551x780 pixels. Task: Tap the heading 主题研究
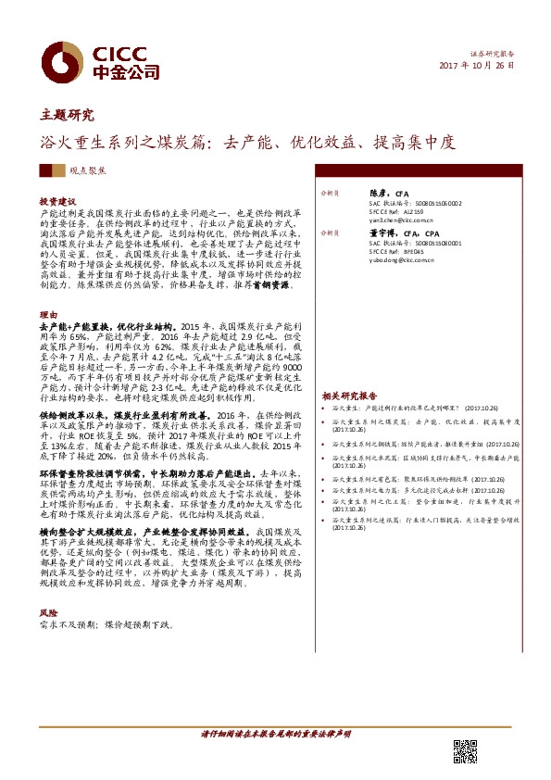coord(67,116)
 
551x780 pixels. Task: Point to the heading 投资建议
coord(56,201)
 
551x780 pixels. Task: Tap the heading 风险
coord(47,613)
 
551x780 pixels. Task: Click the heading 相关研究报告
coord(351,395)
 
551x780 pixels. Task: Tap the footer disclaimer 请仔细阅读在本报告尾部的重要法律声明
coord(275,734)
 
